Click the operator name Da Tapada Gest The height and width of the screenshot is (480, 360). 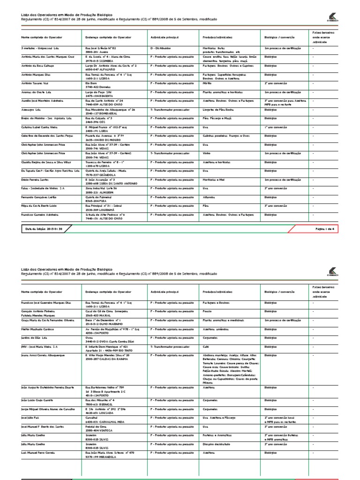(50, 170)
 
